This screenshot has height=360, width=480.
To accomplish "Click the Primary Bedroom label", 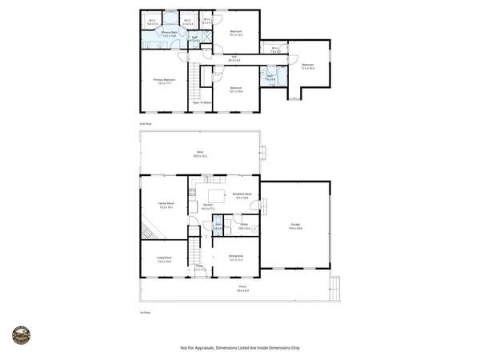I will point(164,82).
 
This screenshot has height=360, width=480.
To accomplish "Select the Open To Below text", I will point(202,102).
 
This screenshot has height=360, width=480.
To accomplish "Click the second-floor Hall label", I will point(235,58).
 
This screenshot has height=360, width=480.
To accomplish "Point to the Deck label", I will point(200,154).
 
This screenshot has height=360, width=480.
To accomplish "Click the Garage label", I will point(295,228).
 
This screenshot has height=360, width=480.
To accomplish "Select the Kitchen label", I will point(207,206).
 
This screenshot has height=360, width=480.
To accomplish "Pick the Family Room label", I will point(166,206).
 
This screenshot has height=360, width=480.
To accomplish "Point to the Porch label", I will point(242,289).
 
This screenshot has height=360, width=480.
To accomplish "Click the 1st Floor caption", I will point(145,312).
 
